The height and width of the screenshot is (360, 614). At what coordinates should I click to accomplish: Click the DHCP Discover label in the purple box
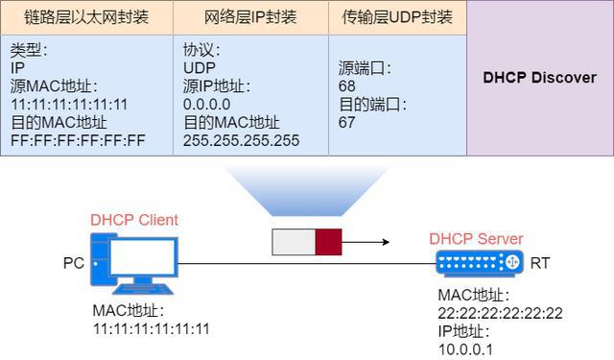[x=539, y=78]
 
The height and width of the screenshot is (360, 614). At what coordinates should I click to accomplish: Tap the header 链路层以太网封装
[x=86, y=17]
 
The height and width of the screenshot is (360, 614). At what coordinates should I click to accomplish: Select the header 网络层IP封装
[x=250, y=17]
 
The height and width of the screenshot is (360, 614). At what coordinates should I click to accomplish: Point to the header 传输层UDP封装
[x=397, y=17]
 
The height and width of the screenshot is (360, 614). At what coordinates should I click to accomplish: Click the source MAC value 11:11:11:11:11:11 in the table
[x=69, y=104]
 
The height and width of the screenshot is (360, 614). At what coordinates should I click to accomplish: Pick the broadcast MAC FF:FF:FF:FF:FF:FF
[x=77, y=140]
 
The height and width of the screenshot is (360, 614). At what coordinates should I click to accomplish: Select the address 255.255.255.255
[x=241, y=140]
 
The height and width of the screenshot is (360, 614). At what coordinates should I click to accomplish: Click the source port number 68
[x=347, y=86]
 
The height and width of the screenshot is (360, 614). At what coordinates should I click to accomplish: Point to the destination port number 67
[x=347, y=122]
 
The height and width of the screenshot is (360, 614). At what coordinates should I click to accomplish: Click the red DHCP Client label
[x=134, y=220]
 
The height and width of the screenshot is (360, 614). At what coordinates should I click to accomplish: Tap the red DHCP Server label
[x=476, y=239]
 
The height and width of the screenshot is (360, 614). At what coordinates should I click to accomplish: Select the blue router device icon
[x=477, y=262]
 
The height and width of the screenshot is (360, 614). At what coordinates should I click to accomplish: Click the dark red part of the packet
[x=329, y=243]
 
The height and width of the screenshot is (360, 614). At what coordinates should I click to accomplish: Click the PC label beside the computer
[x=73, y=261]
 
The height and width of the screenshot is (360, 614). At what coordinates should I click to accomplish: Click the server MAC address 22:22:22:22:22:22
[x=500, y=313]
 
